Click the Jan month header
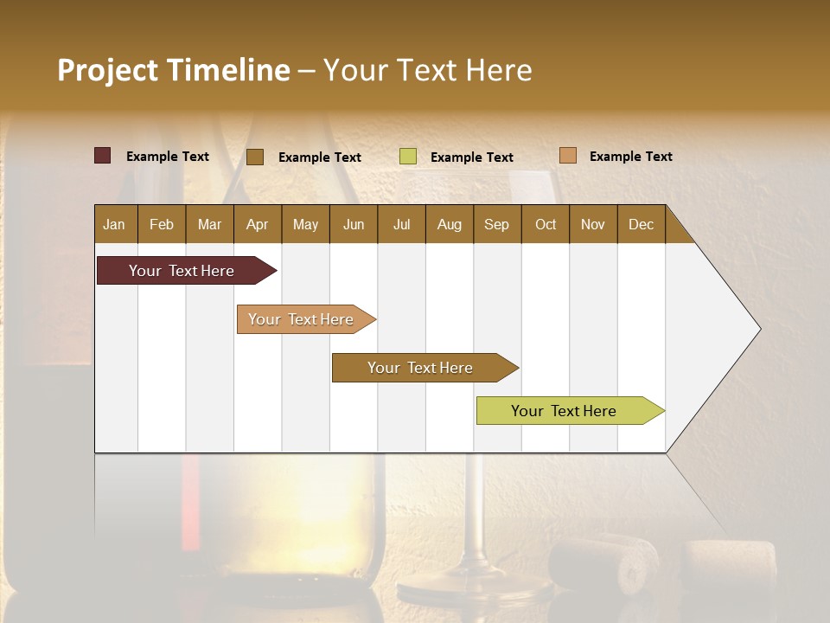tap(115, 224)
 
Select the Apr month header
tap(257, 224)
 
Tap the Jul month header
tap(401, 224)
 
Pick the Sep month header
tap(496, 224)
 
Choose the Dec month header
tap(641, 224)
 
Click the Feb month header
tap(162, 224)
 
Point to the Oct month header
tap(546, 224)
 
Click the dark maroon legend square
tap(102, 156)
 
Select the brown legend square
tap(255, 157)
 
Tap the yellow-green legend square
tap(408, 157)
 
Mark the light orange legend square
tap(567, 156)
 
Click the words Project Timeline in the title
tap(173, 70)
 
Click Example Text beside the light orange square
tap(630, 157)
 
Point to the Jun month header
tap(354, 224)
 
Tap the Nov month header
tap(592, 224)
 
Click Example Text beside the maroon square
tap(168, 157)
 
